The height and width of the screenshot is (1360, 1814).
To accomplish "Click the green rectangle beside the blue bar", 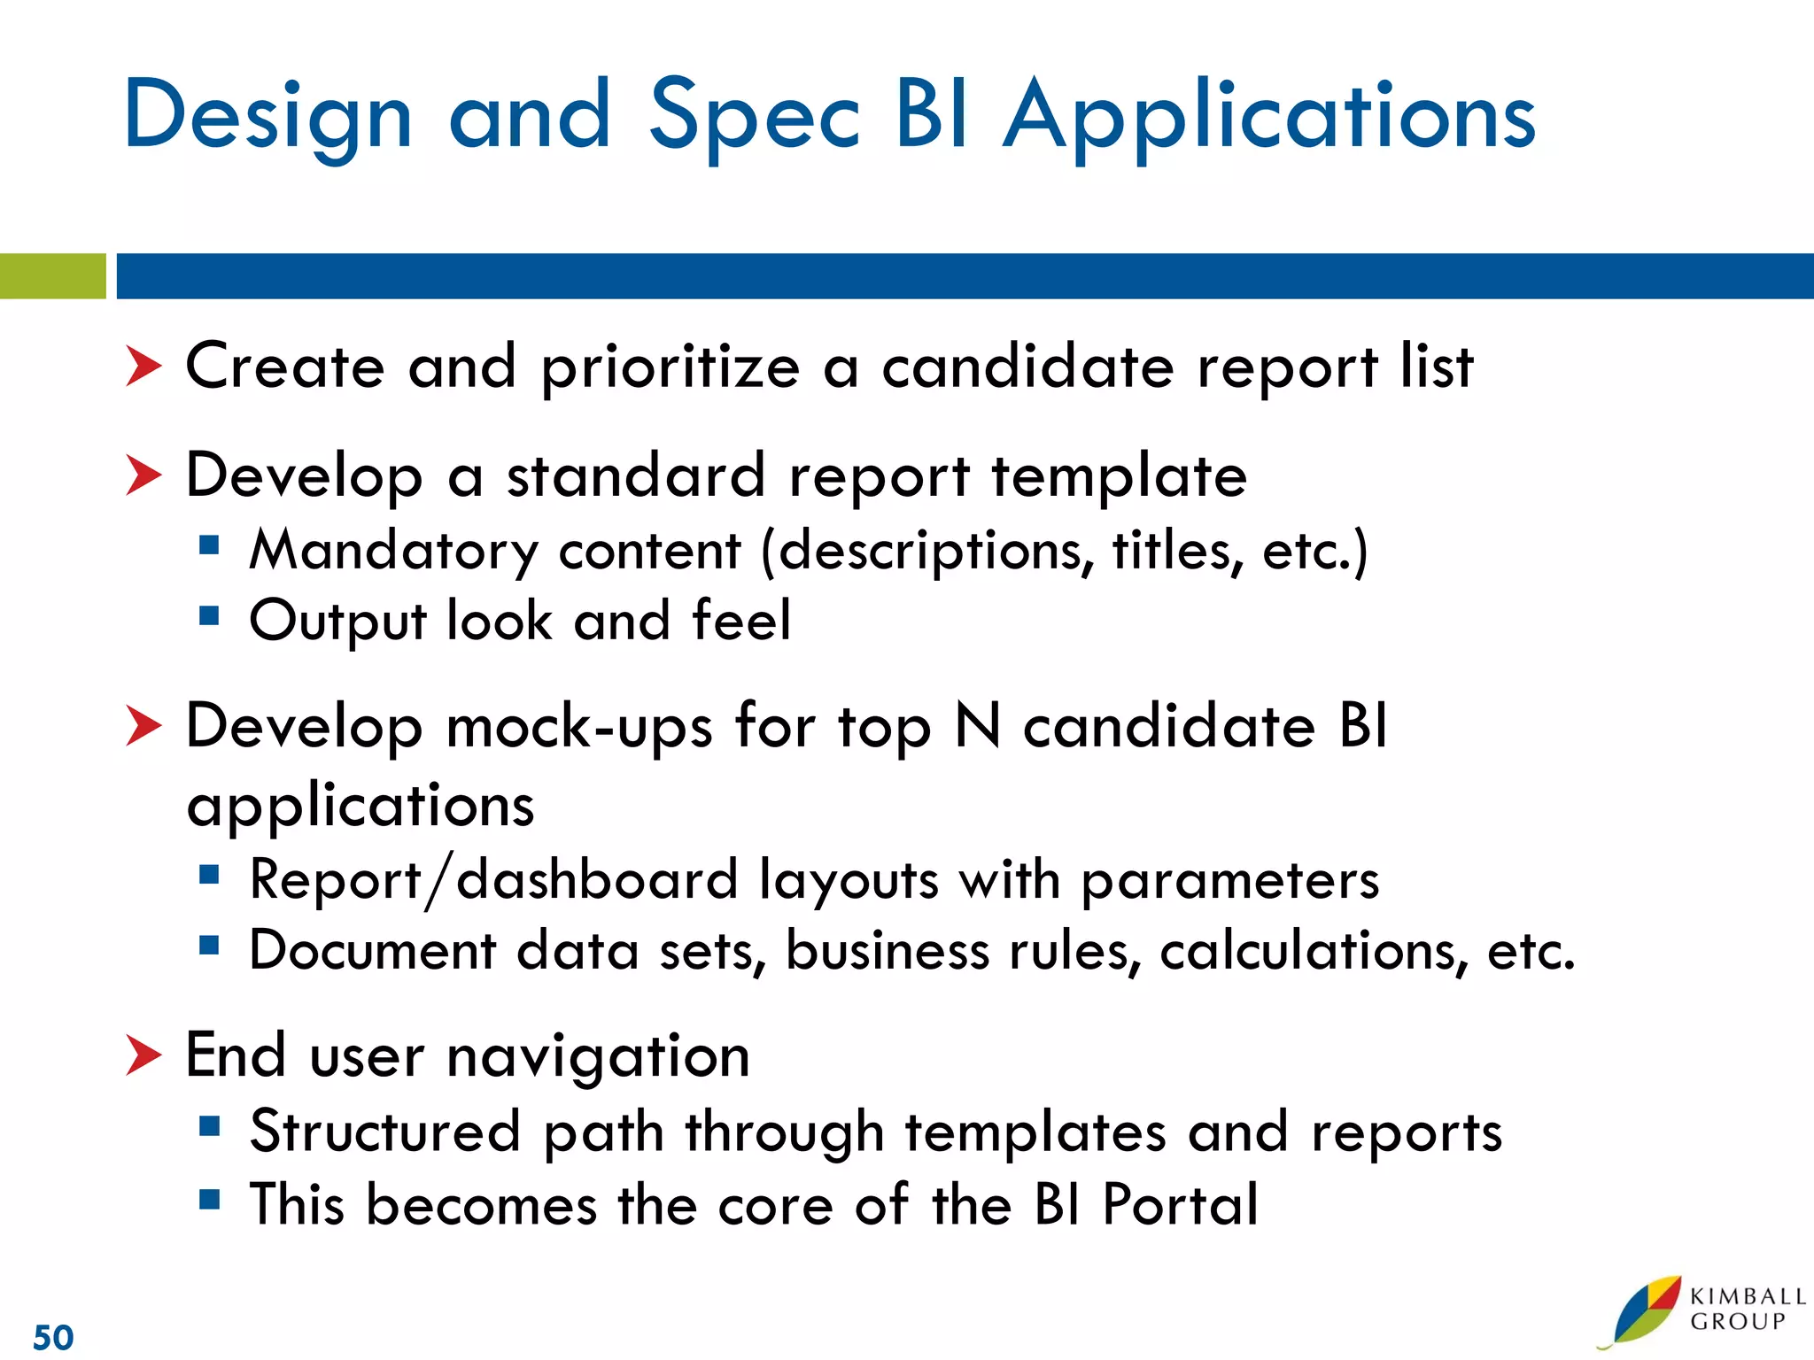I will (52, 276).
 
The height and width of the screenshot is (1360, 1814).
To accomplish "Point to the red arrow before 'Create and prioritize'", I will (143, 367).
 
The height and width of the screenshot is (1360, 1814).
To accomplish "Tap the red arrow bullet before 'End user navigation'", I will (143, 1055).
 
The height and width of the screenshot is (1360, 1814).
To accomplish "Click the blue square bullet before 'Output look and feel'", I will (209, 615).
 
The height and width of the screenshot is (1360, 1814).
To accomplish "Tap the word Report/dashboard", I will (493, 880).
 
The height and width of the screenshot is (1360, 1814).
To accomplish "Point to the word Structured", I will (384, 1132).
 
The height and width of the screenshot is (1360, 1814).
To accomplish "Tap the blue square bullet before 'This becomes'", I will (209, 1200).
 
